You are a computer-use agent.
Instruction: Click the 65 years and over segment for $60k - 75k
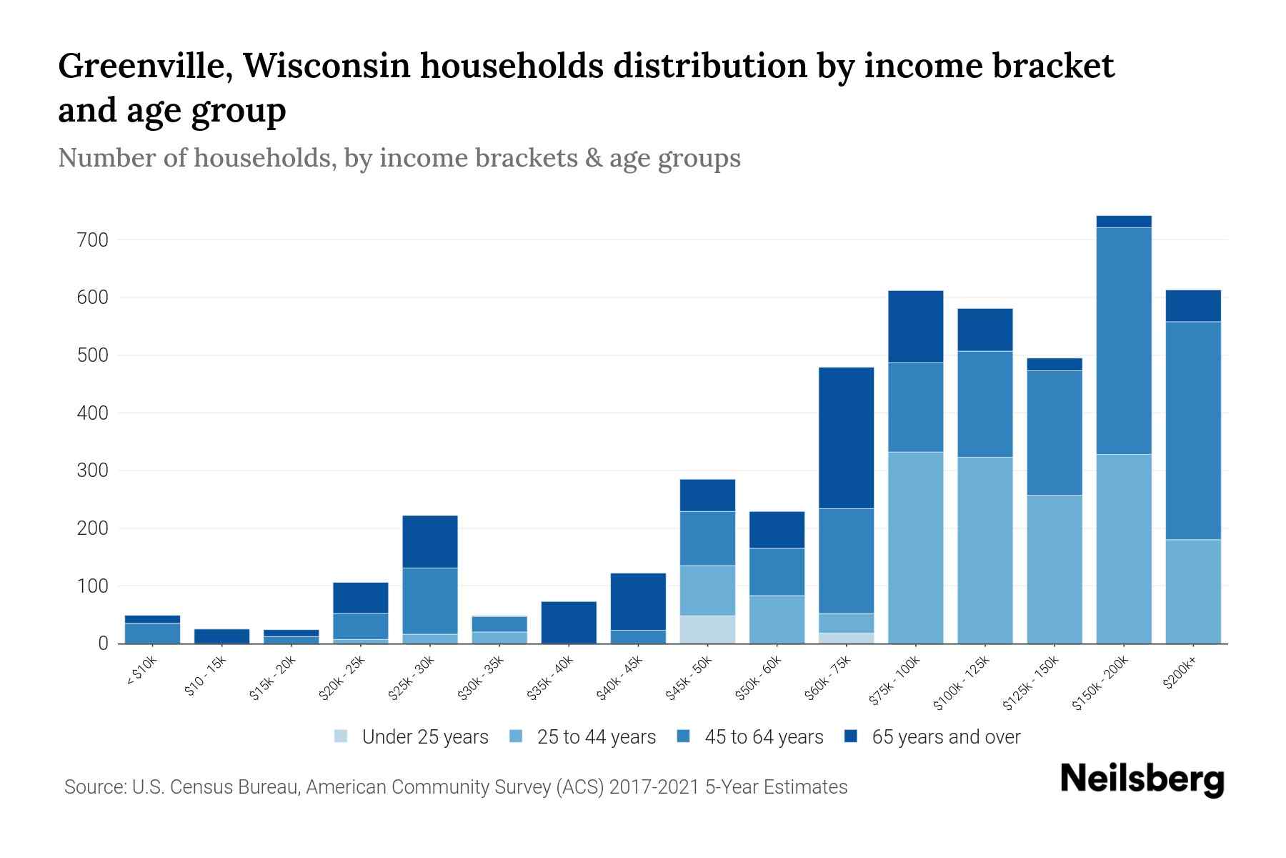[847, 438]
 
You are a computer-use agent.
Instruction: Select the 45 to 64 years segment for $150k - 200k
[1124, 340]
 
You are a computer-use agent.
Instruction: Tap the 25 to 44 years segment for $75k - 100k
[915, 547]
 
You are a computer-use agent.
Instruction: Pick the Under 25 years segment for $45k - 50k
[707, 629]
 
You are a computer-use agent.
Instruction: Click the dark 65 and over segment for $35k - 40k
[569, 622]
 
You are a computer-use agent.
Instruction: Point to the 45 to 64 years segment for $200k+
[1193, 430]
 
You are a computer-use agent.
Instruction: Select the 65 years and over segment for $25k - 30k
[430, 541]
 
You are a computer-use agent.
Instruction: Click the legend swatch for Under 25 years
[342, 736]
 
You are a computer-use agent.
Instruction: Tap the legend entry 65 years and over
[945, 736]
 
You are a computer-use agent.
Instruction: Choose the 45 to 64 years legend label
[763, 736]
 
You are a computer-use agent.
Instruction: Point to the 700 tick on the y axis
[92, 240]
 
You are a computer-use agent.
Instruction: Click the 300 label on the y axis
[92, 471]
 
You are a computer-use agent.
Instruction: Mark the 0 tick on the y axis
[104, 644]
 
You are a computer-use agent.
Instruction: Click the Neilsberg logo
[1142, 779]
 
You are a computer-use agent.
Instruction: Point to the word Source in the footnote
[93, 787]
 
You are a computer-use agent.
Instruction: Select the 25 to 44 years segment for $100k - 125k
[985, 550]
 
